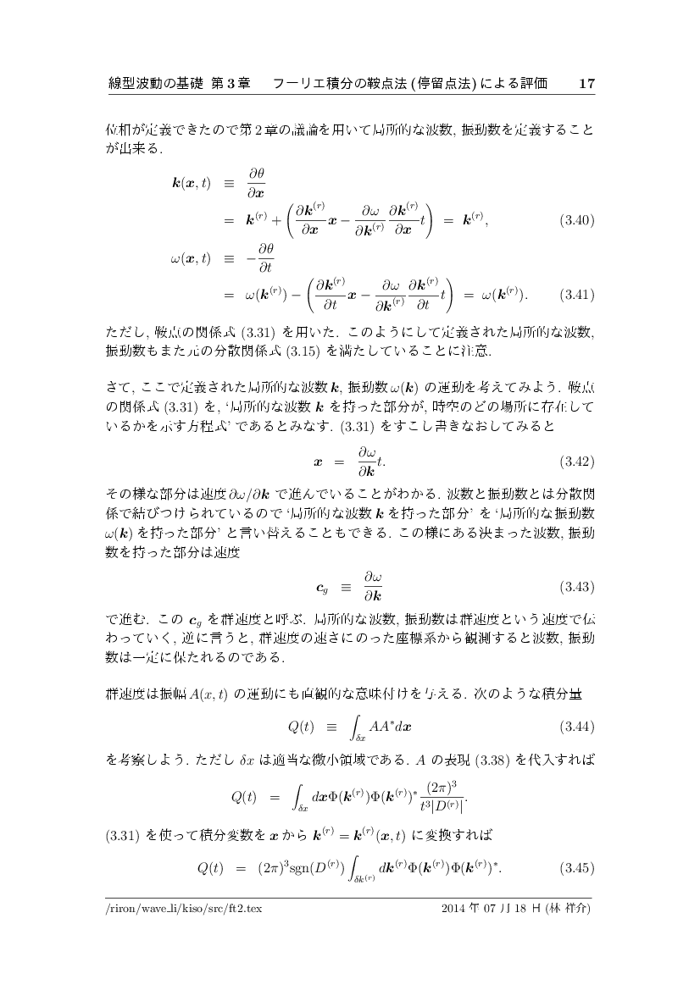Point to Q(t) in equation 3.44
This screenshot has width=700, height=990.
pyautogui.click(x=301, y=727)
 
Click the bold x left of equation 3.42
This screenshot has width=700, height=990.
pyautogui.click(x=318, y=462)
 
